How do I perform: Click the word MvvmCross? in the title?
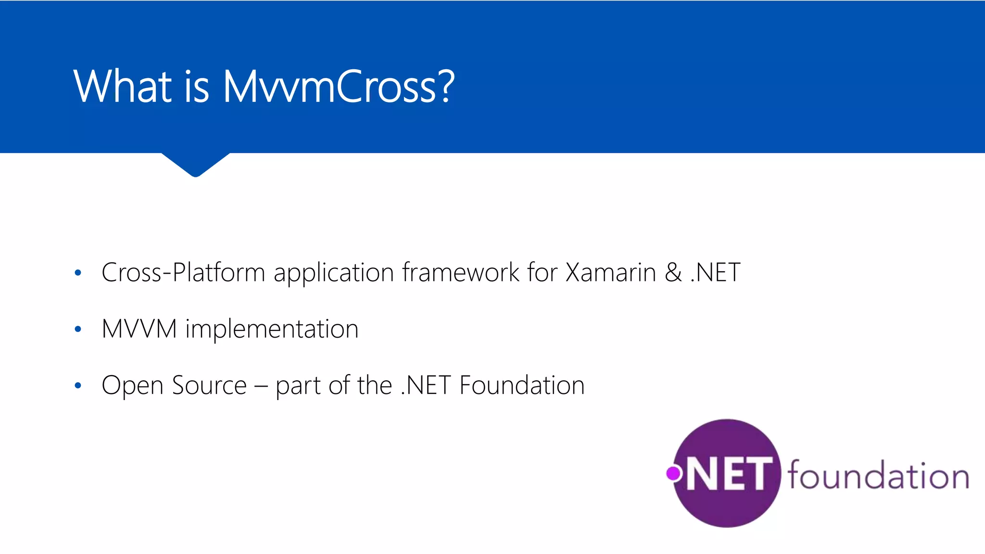pyautogui.click(x=338, y=87)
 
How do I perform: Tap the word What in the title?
pyautogui.click(x=123, y=87)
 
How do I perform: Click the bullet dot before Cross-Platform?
pyautogui.click(x=78, y=273)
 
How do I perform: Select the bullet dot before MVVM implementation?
pyautogui.click(x=78, y=329)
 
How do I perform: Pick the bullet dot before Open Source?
pyautogui.click(x=78, y=385)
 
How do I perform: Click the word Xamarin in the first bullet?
pyautogui.click(x=611, y=273)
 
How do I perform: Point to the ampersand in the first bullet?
pyautogui.click(x=673, y=273)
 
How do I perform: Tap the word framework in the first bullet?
pyautogui.click(x=461, y=273)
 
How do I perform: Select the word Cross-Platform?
pyautogui.click(x=183, y=273)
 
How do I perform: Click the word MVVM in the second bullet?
pyautogui.click(x=139, y=329)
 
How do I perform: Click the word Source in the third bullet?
pyautogui.click(x=209, y=386)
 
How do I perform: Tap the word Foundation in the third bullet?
pyautogui.click(x=522, y=386)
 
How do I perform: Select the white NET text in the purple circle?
pyautogui.click(x=730, y=475)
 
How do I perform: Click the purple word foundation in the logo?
pyautogui.click(x=878, y=476)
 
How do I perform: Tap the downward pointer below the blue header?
pyautogui.click(x=195, y=165)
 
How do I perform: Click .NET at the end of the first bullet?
pyautogui.click(x=716, y=273)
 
